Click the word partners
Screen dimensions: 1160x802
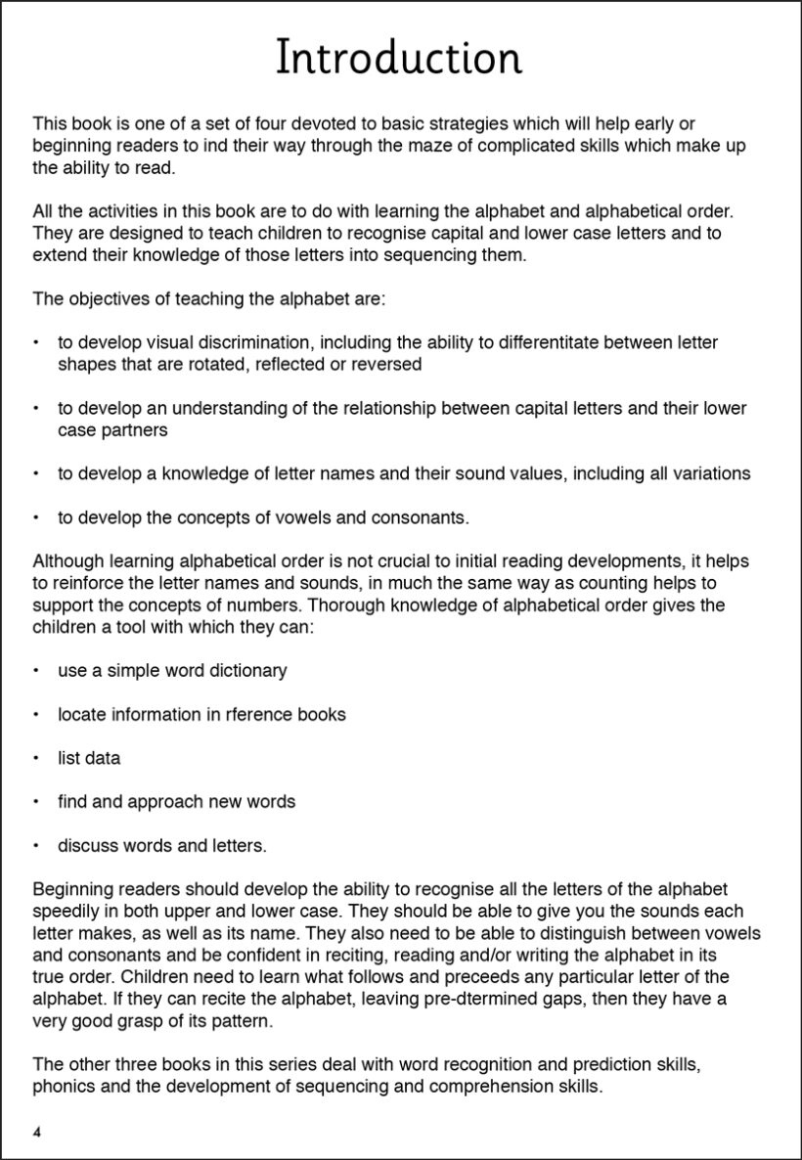(132, 429)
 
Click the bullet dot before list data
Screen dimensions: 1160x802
(36, 758)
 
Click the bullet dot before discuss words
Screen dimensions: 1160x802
(36, 845)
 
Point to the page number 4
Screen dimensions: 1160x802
(37, 1133)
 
